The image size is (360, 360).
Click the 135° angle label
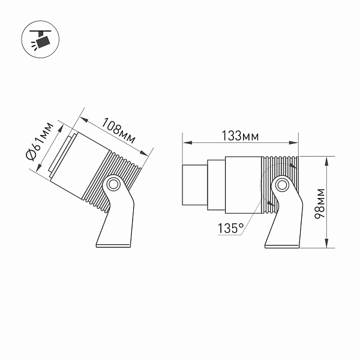(231, 229)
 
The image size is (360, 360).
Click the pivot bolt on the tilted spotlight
(113, 184)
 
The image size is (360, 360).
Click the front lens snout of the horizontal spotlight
(194, 185)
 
